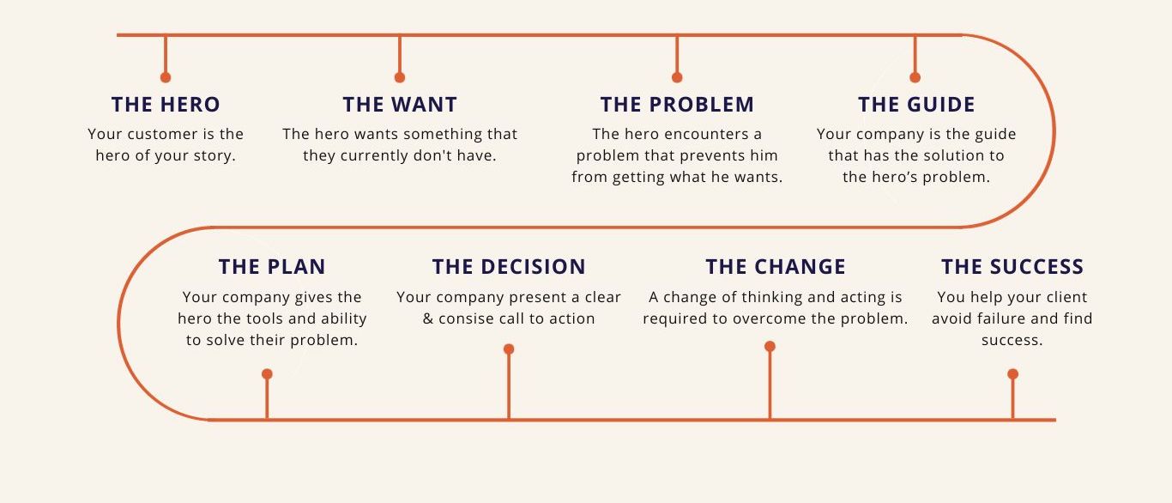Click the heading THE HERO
tap(166, 105)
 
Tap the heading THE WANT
tap(400, 105)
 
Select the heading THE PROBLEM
tap(677, 105)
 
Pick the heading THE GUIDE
tap(916, 105)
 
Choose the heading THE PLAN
tap(272, 267)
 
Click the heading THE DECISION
tap(509, 267)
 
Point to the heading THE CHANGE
tap(776, 267)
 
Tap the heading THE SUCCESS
tap(1012, 267)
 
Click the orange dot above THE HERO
tap(166, 77)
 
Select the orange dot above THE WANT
tap(400, 77)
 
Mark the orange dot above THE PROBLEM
tap(677, 77)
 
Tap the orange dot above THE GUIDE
tap(915, 77)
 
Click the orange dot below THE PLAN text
tap(267, 374)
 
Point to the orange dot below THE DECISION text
tap(509, 349)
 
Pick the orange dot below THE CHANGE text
tap(770, 347)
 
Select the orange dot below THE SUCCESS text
tap(1013, 374)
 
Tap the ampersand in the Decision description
tap(428, 318)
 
